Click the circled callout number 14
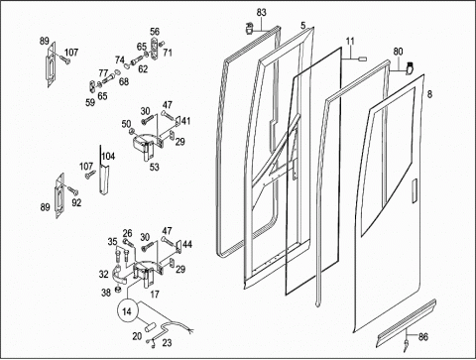click(127, 311)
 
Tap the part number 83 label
click(261, 13)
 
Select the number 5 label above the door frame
click(303, 25)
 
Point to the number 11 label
click(350, 41)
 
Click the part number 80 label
click(398, 52)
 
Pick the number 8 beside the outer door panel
click(429, 94)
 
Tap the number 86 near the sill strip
click(423, 337)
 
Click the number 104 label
click(108, 156)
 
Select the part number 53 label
click(154, 167)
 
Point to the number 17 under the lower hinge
click(155, 294)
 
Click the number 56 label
click(155, 32)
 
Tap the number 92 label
click(76, 202)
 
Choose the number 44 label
click(187, 244)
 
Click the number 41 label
click(185, 121)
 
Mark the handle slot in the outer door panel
click(415, 190)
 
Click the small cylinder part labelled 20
click(149, 327)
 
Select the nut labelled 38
click(117, 290)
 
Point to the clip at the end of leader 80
click(410, 67)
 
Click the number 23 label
click(167, 343)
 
